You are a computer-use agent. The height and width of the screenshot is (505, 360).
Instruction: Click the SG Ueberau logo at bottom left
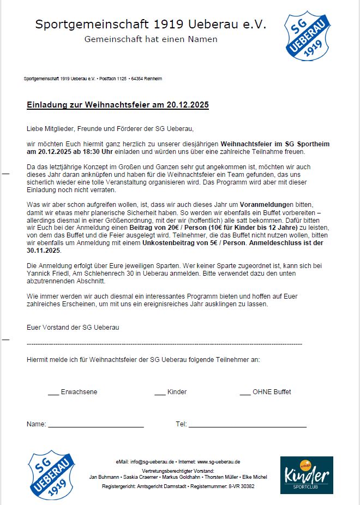pyautogui.click(x=52, y=474)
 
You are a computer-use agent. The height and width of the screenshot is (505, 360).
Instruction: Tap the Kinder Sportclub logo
pyautogui.click(x=307, y=475)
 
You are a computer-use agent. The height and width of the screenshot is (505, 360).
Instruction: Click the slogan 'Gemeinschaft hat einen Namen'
pyautogui.click(x=151, y=39)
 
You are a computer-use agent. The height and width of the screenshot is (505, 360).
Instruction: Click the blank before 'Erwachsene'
pyautogui.click(x=53, y=392)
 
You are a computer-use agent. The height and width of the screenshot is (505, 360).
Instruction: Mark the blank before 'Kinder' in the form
pyautogui.click(x=160, y=392)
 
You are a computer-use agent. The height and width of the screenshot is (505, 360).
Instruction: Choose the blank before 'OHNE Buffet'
pyautogui.click(x=244, y=392)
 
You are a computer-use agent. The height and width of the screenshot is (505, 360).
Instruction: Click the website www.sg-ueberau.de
pyautogui.click(x=219, y=461)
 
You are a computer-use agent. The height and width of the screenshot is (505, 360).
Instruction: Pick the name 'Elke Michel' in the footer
pyautogui.click(x=255, y=477)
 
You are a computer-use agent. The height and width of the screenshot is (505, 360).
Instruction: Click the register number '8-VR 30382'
pyautogui.click(x=241, y=485)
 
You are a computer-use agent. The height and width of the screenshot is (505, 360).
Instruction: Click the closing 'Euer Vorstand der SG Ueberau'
pyautogui.click(x=73, y=328)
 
